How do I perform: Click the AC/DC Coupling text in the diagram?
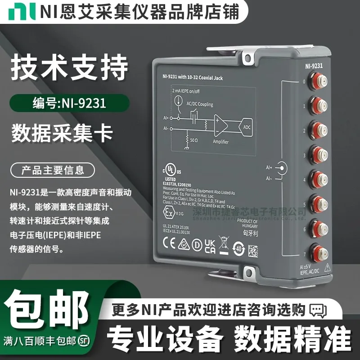point(199,104)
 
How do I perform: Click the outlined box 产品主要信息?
point(53,170)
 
